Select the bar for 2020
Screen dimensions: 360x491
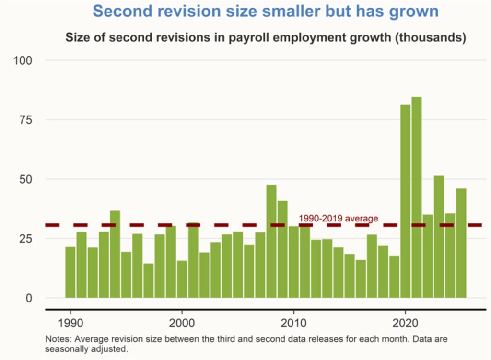click(406, 201)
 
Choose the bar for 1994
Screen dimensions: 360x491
click(115, 254)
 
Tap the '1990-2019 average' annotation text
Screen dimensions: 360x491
click(339, 219)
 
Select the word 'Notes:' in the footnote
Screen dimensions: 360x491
click(58, 339)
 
